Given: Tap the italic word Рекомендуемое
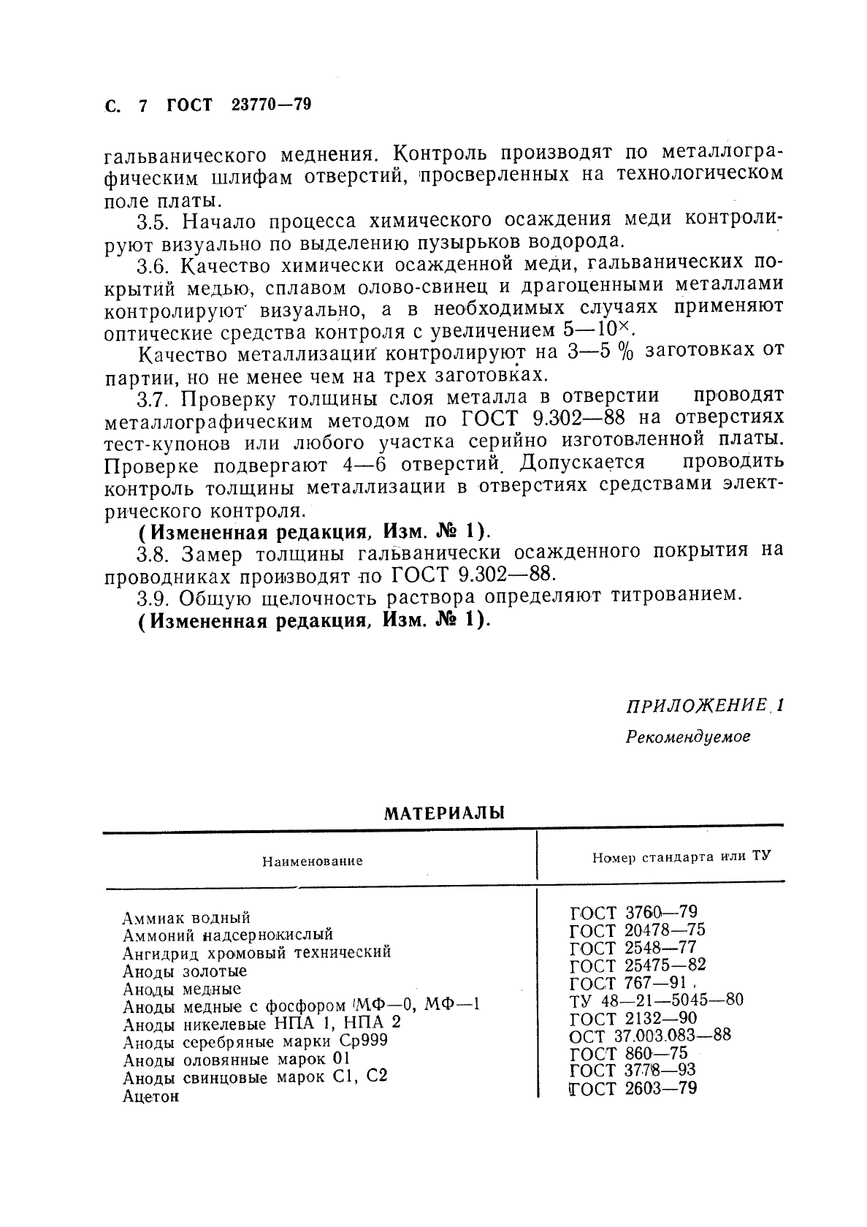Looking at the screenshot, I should (688, 737).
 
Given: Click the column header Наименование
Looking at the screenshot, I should (313, 861).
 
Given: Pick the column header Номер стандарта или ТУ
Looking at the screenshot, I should (681, 856).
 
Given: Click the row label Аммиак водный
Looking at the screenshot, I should (186, 917).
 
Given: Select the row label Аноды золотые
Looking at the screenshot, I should (185, 971).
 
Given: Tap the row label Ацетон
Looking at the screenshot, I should (150, 1096).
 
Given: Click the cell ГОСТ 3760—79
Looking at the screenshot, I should (633, 911).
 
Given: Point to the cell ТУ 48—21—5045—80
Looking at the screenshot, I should (656, 999).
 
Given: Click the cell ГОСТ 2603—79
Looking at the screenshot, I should (633, 1087).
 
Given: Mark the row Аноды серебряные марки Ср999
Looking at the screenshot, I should (255, 1041).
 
